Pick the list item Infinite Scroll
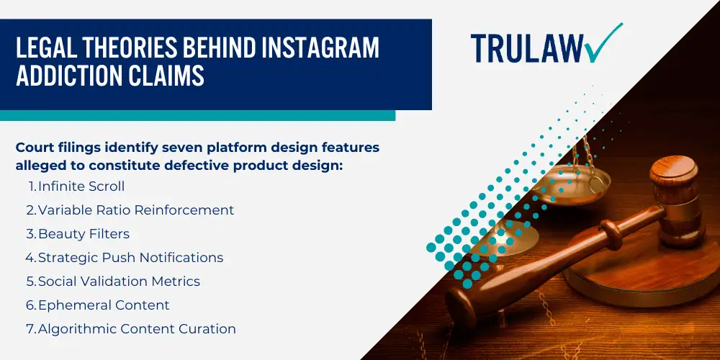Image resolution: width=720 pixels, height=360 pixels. pos(81,186)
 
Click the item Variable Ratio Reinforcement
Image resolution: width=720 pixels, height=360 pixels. pos(136,210)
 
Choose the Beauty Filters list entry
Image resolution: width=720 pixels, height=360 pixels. pos(84,234)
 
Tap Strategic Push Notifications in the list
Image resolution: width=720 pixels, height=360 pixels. pos(131,258)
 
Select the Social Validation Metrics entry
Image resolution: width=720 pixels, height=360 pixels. pos(119,281)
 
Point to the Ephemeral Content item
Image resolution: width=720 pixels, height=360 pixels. pos(104,305)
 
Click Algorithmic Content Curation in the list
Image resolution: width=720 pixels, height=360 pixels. pos(137,329)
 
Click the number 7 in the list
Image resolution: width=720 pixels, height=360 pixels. pos(30,329)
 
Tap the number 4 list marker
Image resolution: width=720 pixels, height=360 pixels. pos(30,258)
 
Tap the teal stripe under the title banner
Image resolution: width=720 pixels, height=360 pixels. pos(197,115)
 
